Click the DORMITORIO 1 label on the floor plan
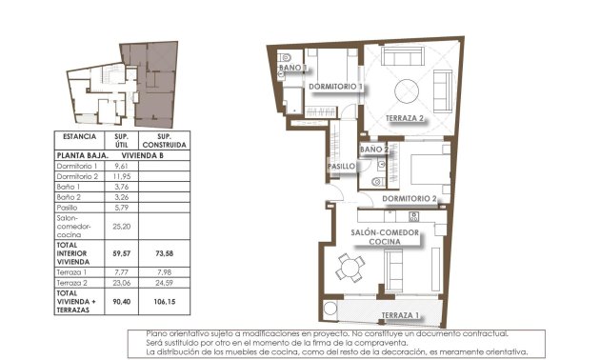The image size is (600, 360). pyautogui.click(x=337, y=87)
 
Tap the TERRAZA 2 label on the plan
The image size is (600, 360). pyautogui.click(x=404, y=118)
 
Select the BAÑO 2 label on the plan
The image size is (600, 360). pyautogui.click(x=373, y=150)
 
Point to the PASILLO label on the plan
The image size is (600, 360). pyautogui.click(x=342, y=167)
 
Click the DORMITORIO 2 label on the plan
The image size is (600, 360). pyautogui.click(x=409, y=199)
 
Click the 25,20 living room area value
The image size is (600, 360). pyautogui.click(x=121, y=228)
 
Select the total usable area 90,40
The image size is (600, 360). pyautogui.click(x=121, y=302)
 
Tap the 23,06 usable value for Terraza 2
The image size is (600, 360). pyautogui.click(x=121, y=283)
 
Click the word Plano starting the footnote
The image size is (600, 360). pyautogui.click(x=158, y=333)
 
